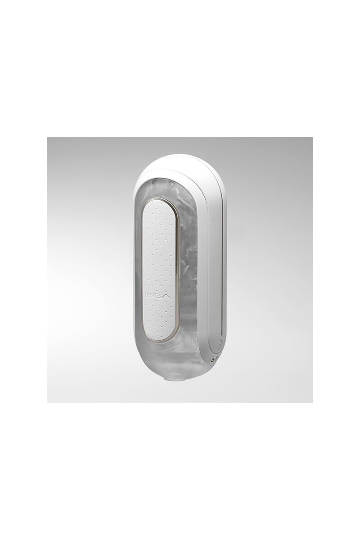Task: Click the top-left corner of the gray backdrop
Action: click(49, 139)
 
